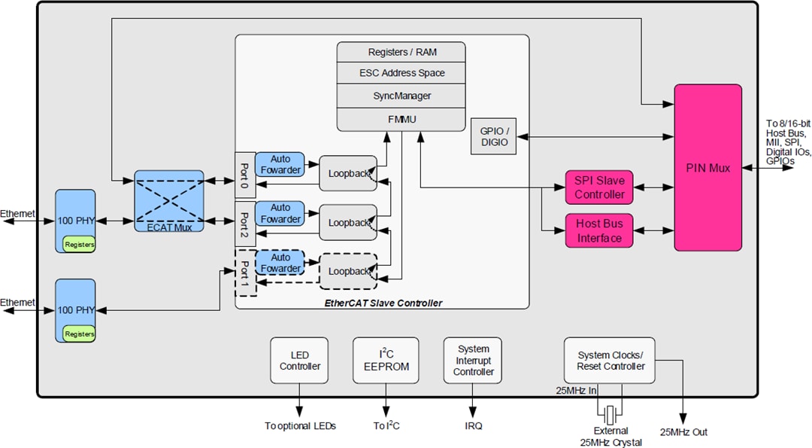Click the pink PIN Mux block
coord(707,167)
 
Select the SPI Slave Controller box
coord(599,187)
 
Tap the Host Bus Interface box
coord(599,231)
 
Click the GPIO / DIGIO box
coord(493,136)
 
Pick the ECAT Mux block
coord(169,200)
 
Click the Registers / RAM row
coord(401,52)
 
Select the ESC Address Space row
coord(401,73)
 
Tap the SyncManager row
coord(401,96)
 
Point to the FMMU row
coord(401,118)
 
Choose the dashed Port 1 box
coord(244,273)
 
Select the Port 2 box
coord(244,223)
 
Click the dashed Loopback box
coord(347,271)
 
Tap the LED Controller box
coord(300,361)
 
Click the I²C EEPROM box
coord(385,361)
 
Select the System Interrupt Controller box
coord(473,361)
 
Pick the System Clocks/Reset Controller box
coord(609,361)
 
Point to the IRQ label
coord(473,426)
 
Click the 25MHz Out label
coord(683,432)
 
